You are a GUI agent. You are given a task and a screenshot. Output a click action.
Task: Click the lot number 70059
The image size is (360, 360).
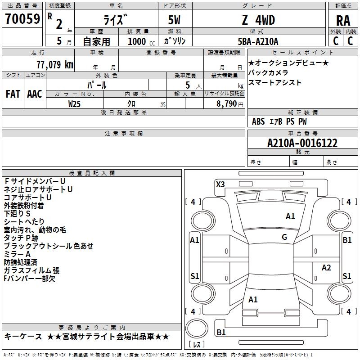pyautogui.click(x=22, y=19)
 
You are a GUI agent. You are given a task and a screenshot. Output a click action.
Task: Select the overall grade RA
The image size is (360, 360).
pyautogui.click(x=343, y=21)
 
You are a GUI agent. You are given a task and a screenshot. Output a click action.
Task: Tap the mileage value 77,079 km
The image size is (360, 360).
pyautogui.click(x=55, y=65)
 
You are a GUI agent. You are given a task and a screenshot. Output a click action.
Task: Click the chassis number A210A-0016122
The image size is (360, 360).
pyautogui.click(x=302, y=143)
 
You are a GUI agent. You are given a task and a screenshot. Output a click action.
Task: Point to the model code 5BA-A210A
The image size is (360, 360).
pyautogui.click(x=258, y=41)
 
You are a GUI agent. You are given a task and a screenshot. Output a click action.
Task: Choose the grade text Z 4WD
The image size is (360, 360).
pyautogui.click(x=258, y=20)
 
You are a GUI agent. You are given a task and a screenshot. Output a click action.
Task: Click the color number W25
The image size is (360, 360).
pyautogui.click(x=74, y=104)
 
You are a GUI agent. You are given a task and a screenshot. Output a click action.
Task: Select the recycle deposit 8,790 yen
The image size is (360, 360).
pyautogui.click(x=229, y=104)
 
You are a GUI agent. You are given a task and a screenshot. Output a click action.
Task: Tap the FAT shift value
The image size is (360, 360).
pyautogui.click(x=13, y=94)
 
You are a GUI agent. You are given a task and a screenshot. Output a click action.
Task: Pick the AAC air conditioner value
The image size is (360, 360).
pyautogui.click(x=35, y=94)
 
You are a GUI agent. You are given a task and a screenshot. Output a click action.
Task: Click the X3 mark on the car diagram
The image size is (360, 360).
pyautogui.click(x=220, y=184)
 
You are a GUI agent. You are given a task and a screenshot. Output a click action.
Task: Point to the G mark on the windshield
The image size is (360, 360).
pyautogui.click(x=284, y=237)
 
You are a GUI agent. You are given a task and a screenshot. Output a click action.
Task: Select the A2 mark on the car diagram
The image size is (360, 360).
pyautogui.click(x=326, y=267)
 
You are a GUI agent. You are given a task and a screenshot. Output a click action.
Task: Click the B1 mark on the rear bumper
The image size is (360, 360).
pyautogui.click(x=221, y=332)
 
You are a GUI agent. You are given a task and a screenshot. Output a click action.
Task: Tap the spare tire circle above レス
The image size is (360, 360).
pyautogui.click(x=197, y=328)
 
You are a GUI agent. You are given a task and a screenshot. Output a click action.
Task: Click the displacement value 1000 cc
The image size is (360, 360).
pyautogui.click(x=141, y=41)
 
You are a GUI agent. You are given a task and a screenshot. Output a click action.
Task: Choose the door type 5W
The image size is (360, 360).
pyautogui.click(x=174, y=20)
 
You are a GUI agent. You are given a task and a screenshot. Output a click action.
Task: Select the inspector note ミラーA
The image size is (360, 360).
pyautogui.click(x=17, y=254)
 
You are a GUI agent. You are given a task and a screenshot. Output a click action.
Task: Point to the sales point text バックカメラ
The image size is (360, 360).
pyautogui.click(x=268, y=72)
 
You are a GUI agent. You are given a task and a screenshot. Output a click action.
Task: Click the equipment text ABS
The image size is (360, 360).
pyautogui.click(x=258, y=121)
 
